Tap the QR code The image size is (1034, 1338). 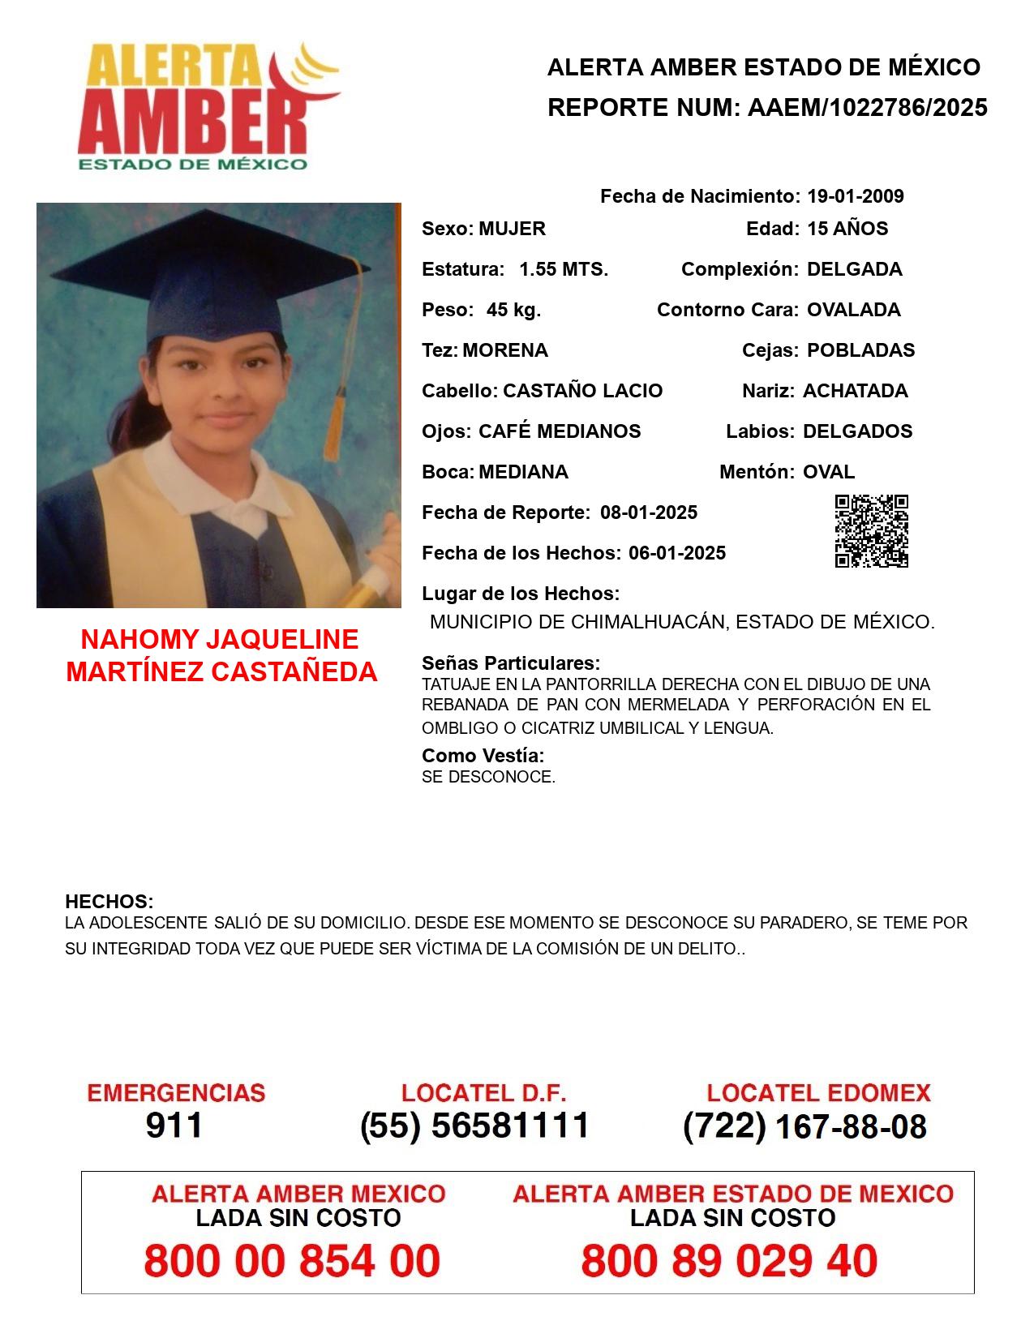[x=871, y=531]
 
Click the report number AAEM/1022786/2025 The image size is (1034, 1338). [x=867, y=108]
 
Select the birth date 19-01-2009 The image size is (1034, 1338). [x=855, y=196]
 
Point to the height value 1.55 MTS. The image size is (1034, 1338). [x=564, y=269]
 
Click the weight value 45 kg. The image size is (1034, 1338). [x=513, y=310]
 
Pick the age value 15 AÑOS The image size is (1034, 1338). [x=847, y=229]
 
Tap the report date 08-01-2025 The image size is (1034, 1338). [x=649, y=512]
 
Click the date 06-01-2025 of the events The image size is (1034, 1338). [x=677, y=553]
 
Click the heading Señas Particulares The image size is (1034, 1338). [x=510, y=663]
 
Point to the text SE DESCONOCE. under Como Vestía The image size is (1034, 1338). [x=488, y=777]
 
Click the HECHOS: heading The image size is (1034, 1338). [x=109, y=902]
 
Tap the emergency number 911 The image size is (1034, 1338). [x=174, y=1126]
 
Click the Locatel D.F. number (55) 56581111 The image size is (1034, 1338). [x=474, y=1126]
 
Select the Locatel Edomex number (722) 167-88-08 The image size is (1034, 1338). [x=804, y=1126]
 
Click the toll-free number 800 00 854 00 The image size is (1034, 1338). [x=292, y=1261]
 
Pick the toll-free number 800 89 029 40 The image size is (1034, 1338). [x=729, y=1261]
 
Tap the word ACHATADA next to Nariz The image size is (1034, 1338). [x=855, y=391]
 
